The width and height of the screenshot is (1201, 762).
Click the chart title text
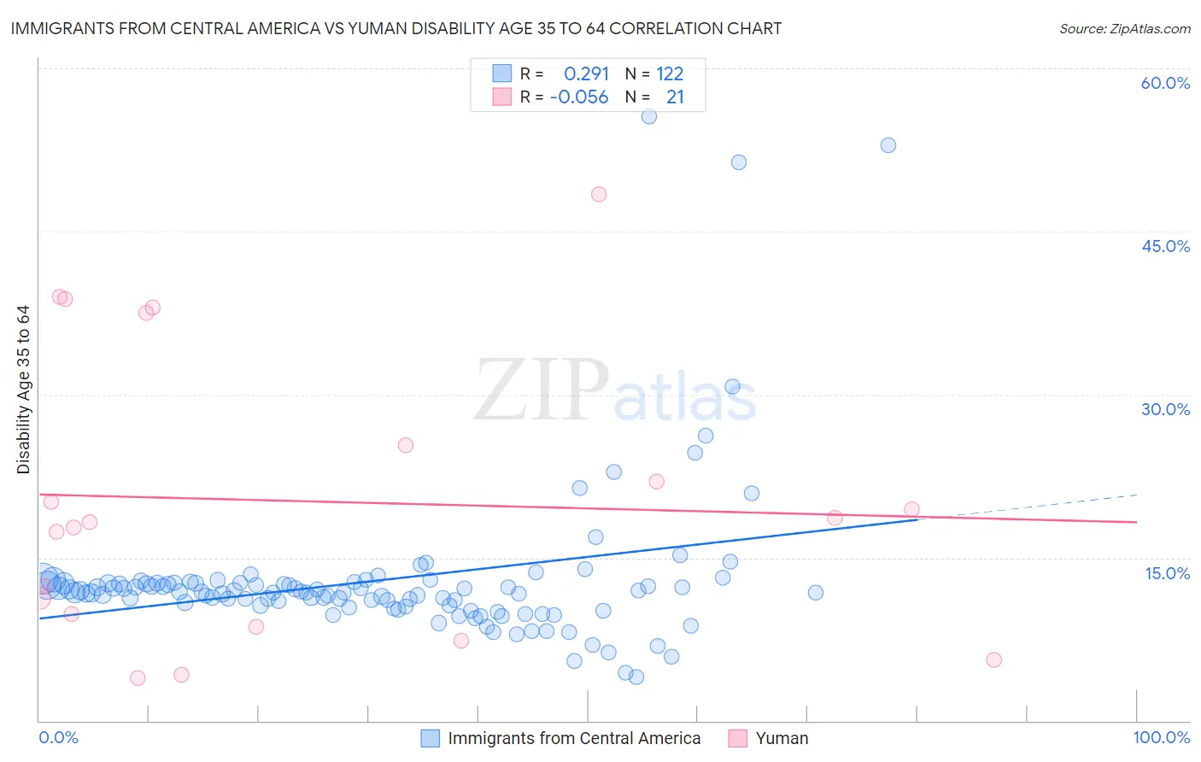click(396, 28)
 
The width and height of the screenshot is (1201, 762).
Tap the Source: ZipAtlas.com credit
click(1124, 28)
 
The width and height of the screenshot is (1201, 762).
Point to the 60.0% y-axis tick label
click(1165, 83)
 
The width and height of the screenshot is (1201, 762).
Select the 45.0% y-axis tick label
click(1165, 246)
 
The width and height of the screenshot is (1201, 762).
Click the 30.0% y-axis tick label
click(1165, 409)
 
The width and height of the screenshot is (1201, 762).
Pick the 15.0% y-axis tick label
click(1167, 572)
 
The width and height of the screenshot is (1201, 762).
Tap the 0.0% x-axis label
click(58, 737)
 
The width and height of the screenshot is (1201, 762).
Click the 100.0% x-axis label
click(1161, 737)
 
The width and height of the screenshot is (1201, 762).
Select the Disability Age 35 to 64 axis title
click(23, 390)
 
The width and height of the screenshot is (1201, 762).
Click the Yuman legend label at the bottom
click(782, 738)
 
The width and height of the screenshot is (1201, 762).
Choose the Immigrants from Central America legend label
click(574, 738)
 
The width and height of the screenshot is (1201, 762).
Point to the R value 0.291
click(586, 73)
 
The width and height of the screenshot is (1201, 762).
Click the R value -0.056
click(579, 97)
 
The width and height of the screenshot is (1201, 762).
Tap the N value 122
click(670, 73)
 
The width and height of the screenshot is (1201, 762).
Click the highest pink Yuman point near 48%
click(599, 194)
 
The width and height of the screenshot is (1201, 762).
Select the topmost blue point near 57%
click(649, 116)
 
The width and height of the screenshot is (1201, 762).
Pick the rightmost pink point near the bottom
click(993, 659)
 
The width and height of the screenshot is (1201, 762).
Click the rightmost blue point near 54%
click(888, 145)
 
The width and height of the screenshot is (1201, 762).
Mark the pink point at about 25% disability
click(406, 445)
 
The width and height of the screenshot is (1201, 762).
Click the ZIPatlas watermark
click(615, 391)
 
